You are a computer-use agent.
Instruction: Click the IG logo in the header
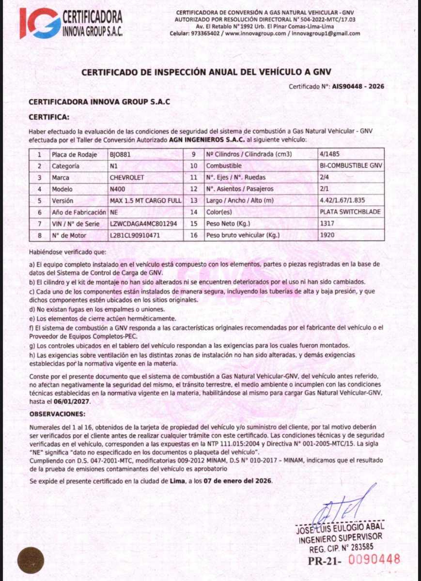pos(40,23)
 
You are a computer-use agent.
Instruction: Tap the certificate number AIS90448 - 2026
pos(358,87)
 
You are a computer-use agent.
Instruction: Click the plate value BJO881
pos(121,155)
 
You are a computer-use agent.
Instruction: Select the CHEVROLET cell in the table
pos(127,178)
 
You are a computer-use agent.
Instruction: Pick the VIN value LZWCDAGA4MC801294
pos(143,224)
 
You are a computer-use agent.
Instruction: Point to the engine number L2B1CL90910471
pos(135,235)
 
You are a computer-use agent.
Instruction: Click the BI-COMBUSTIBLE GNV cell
pos(351,166)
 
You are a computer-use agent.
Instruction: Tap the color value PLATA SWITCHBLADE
pos(351,212)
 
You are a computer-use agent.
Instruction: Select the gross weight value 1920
pos(327,235)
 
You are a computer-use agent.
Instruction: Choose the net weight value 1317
pos(327,224)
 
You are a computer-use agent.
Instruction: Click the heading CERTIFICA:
pos(49,117)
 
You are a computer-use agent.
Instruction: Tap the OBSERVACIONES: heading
pos(58,415)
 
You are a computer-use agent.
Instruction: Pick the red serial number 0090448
pos(374,560)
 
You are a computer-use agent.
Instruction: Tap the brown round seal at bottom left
pos(31,560)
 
